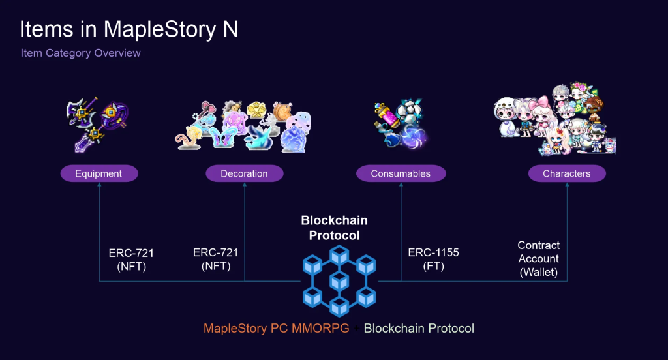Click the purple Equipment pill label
pos(99,173)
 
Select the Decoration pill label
pos(245,173)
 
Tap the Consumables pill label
pos(401,173)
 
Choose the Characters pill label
pos(567,173)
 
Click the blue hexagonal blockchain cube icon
pos(339,281)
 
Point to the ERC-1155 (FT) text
pos(433,259)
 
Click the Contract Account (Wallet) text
pos(538,259)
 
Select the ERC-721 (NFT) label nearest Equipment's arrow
pos(131,260)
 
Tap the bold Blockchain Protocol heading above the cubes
pos(335,228)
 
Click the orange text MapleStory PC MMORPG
pos(276,329)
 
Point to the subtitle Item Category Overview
pos(80,53)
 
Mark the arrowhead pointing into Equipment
pos(99,185)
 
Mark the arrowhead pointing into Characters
pos(567,185)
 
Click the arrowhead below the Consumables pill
pos(401,185)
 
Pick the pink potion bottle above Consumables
pos(389,115)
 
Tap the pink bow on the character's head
pos(539,103)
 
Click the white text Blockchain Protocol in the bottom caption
pos(419,329)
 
